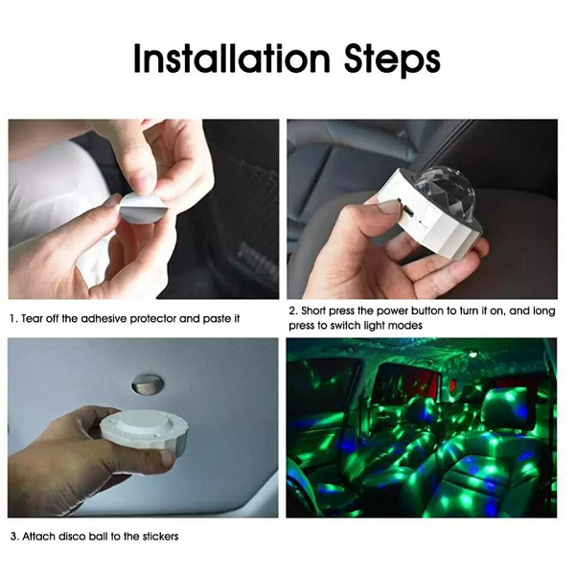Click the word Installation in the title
click(x=232, y=58)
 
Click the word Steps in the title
click(x=392, y=60)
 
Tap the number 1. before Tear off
click(x=14, y=319)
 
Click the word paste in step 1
click(x=217, y=319)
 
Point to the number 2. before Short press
click(x=293, y=310)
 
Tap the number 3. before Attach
click(x=14, y=537)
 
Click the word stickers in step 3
click(x=160, y=537)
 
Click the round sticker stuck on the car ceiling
click(x=147, y=384)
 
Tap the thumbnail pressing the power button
click(x=388, y=205)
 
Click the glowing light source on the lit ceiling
click(x=473, y=355)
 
